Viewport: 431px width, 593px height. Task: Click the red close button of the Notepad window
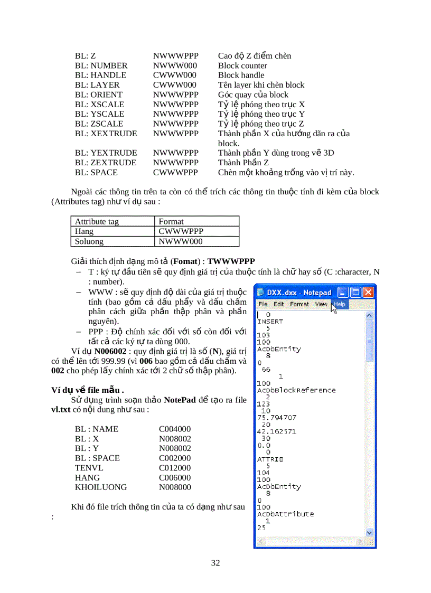tap(368, 292)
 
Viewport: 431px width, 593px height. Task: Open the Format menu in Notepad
tap(299, 304)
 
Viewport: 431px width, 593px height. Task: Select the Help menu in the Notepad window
tap(339, 304)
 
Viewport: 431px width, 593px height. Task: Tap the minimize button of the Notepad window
tap(343, 292)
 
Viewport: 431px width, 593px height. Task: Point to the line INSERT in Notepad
tap(270, 321)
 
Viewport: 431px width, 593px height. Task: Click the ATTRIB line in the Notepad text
tap(270, 459)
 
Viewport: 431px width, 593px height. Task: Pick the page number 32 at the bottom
tap(215, 562)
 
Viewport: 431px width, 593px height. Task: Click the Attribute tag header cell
tap(97, 221)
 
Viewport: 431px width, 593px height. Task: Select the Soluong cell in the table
tap(89, 241)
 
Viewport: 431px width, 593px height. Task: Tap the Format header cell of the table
tap(171, 221)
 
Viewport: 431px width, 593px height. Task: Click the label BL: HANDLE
tap(100, 75)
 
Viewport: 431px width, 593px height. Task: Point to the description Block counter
tap(242, 65)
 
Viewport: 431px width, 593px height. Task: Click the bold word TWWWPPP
tap(231, 261)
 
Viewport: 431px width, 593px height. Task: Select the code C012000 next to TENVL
tap(175, 467)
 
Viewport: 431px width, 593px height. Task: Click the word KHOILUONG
tap(101, 487)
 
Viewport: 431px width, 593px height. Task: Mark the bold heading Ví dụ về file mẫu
tap(88, 390)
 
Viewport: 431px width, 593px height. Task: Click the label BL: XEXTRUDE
tap(106, 134)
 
